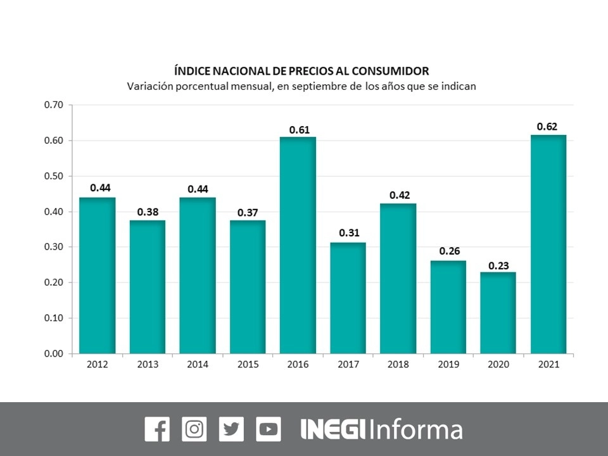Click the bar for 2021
pos(548,244)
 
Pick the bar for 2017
pos(348,298)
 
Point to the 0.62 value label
pos(547,127)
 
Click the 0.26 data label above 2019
pos(448,251)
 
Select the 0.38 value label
pos(147,212)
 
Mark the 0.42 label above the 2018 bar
pos(398,195)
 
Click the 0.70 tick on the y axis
pos(54,105)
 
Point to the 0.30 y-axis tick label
pos(54,247)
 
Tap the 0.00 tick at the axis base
pos(54,353)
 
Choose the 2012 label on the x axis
pos(98,365)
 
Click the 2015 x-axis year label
pos(248,365)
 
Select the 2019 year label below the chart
pos(448,365)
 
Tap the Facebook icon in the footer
pos(157,429)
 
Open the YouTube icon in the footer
pos(269,429)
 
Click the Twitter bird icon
pos(231,429)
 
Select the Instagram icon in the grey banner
pos(194,429)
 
